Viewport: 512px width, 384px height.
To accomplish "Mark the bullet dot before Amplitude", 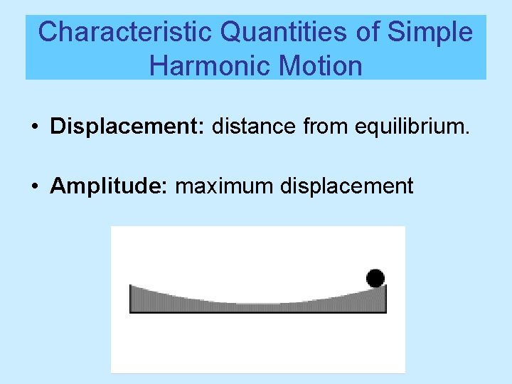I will point(34,187).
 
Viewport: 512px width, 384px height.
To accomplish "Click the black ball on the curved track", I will point(375,278).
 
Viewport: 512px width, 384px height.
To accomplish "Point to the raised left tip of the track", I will point(132,287).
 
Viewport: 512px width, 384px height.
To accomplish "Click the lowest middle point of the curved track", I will point(257,303).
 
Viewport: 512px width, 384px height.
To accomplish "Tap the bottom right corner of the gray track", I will point(385,311).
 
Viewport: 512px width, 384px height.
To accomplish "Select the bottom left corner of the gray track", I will point(131,311).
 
